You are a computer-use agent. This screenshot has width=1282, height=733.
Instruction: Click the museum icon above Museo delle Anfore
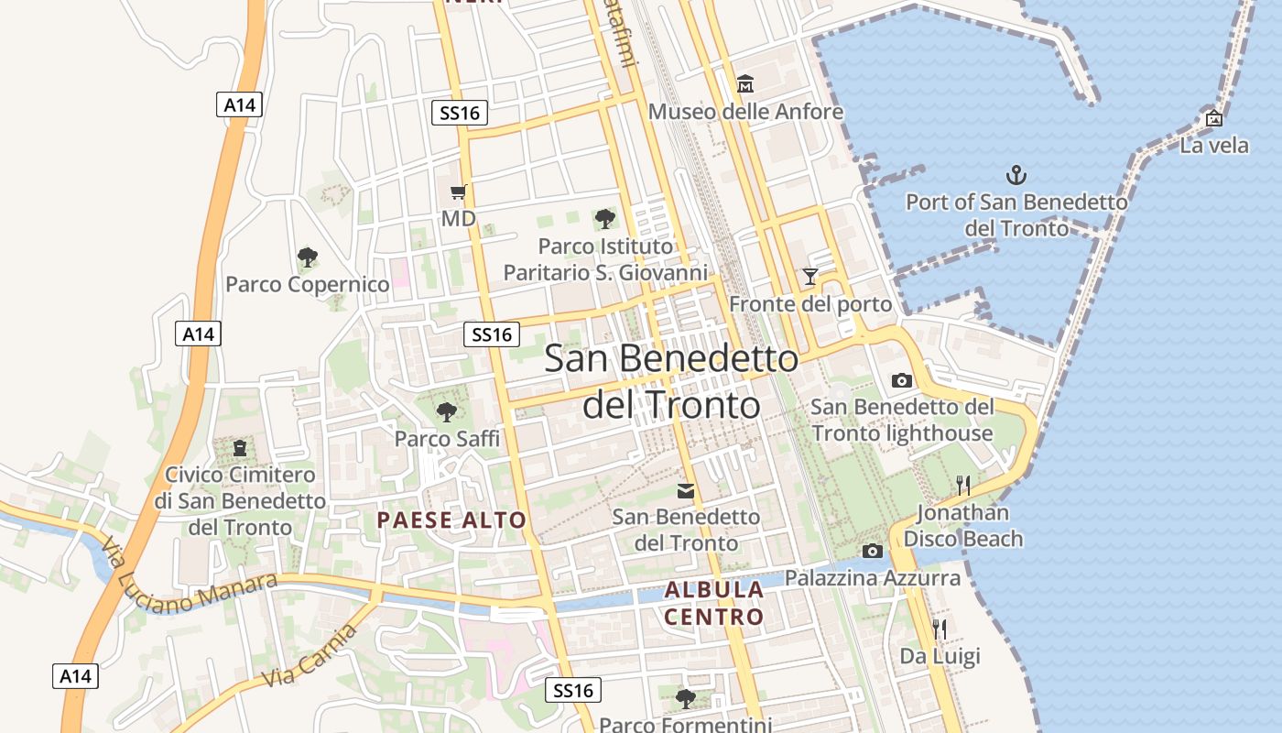(x=744, y=84)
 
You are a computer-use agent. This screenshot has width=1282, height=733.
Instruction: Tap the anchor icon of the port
(x=1016, y=174)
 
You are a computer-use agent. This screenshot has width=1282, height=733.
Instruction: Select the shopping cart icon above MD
(x=459, y=191)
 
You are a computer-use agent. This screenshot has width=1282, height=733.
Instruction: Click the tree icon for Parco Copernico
(x=308, y=257)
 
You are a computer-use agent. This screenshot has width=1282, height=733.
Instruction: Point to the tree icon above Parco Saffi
(x=446, y=412)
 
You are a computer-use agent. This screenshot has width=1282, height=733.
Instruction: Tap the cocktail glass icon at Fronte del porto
(x=809, y=276)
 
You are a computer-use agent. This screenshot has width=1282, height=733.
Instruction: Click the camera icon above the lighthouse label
(x=902, y=380)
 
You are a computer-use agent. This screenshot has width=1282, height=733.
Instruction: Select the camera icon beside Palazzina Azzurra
(x=873, y=551)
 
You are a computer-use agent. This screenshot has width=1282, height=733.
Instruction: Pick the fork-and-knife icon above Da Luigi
(x=940, y=629)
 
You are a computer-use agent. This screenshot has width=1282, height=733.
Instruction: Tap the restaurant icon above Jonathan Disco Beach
(x=962, y=485)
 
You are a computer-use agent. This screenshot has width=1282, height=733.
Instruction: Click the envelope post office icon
(x=685, y=491)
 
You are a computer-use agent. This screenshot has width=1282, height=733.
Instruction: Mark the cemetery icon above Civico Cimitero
(x=240, y=448)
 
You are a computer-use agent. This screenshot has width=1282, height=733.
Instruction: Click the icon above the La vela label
(x=1214, y=118)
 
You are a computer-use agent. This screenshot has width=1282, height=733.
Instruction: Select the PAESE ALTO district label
(x=451, y=520)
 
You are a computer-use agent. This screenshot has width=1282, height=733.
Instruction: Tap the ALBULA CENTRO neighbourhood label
(x=714, y=603)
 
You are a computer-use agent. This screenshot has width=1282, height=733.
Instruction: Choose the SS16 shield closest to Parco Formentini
(x=573, y=690)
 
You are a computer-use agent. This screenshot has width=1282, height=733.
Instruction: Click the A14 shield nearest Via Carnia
(x=75, y=676)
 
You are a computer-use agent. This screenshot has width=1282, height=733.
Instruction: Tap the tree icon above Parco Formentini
(x=685, y=699)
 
